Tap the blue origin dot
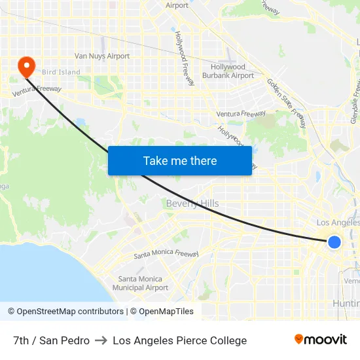[x=334, y=242]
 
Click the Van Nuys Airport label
[x=102, y=56]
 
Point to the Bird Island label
[x=61, y=72]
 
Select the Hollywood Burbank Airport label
[x=228, y=71]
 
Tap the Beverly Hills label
[x=192, y=204]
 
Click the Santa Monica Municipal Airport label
[x=140, y=283]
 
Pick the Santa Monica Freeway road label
[x=166, y=255]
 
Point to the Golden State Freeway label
[x=286, y=103]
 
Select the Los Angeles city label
[x=338, y=223]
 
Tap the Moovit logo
[x=321, y=340]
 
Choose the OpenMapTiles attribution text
[x=166, y=312]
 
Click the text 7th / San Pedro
[x=51, y=340]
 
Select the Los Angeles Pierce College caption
[x=179, y=340]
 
